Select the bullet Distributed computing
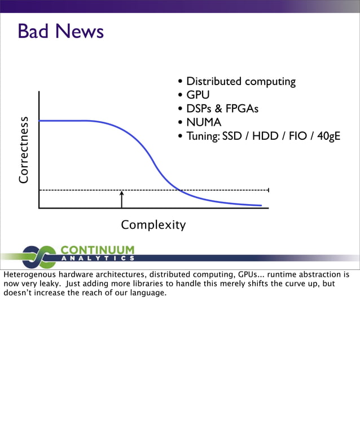pyautogui.click(x=240, y=82)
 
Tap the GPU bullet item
pyautogui.click(x=197, y=95)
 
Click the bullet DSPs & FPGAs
pyautogui.click(x=222, y=109)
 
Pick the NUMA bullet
pyautogui.click(x=204, y=122)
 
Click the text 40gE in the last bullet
pyautogui.click(x=328, y=136)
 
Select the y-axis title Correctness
pyautogui.click(x=23, y=150)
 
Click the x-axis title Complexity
pyautogui.click(x=153, y=225)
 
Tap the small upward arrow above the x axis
pyautogui.click(x=121, y=198)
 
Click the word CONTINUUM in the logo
pyautogui.click(x=97, y=249)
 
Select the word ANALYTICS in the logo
pyautogui.click(x=97, y=259)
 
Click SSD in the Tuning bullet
pyautogui.click(x=232, y=136)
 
